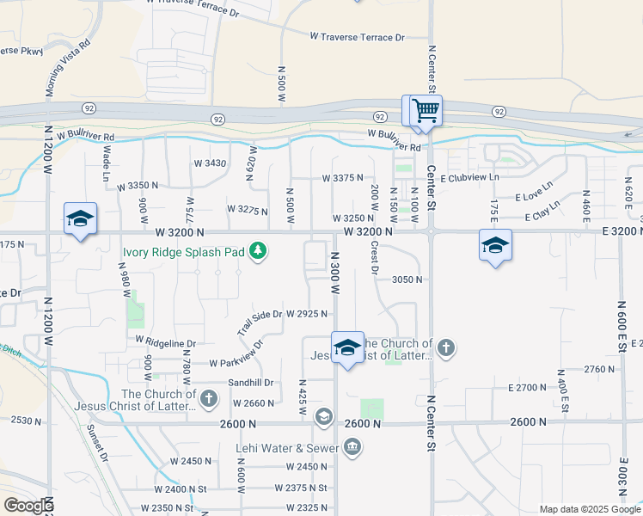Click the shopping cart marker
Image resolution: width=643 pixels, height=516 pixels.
tap(426, 111)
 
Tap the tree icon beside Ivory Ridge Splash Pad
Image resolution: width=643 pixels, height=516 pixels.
tap(258, 251)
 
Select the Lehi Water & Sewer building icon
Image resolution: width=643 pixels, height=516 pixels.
tap(352, 447)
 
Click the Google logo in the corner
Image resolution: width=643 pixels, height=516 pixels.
tap(28, 506)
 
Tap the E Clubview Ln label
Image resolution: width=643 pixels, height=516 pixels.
tap(469, 176)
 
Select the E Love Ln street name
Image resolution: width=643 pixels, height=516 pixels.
tap(535, 196)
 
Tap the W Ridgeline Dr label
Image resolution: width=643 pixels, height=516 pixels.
tap(166, 341)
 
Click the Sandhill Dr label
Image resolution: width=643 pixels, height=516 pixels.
tap(250, 382)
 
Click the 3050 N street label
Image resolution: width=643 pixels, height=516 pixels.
tap(407, 279)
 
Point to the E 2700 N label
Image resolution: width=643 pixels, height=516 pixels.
tap(527, 388)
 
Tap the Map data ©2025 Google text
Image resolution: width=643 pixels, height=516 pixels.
tap(589, 509)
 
